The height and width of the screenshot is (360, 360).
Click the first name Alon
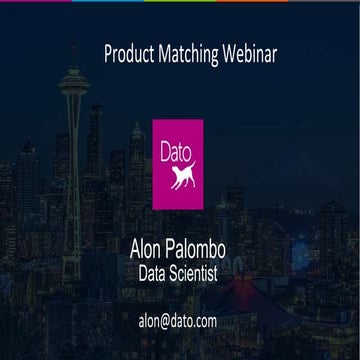pos(150,246)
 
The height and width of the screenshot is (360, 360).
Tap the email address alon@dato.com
pos(178,321)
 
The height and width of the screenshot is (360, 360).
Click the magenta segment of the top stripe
pos(106,1)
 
